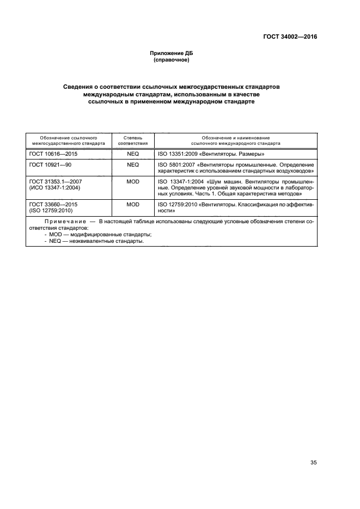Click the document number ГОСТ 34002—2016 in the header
pos(289,37)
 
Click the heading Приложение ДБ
pos(172,53)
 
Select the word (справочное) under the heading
pos(172,60)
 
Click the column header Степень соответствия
pos(133,141)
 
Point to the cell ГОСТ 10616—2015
pos(53,154)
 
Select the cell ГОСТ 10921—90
pos(50,164)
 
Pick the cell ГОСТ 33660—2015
pos(53,204)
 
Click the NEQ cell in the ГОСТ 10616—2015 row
pos(133,154)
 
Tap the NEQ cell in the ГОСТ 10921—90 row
pos(133,164)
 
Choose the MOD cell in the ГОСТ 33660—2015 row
pos(133,204)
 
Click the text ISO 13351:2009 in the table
pos(177,154)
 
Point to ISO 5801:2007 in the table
pos(175,164)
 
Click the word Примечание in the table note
pos(64,222)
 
